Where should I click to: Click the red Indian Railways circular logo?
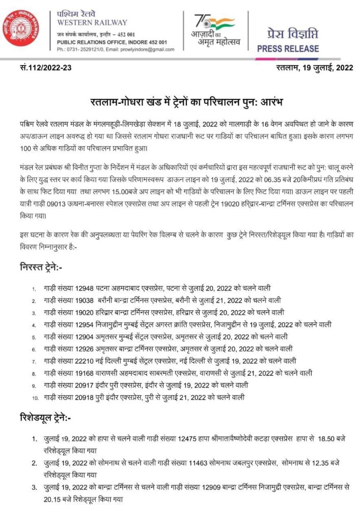pyautogui.click(x=22, y=29)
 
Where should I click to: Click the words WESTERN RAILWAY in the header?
pyautogui.click(x=92, y=23)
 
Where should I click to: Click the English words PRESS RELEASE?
pyautogui.click(x=288, y=49)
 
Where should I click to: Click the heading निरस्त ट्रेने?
pyautogui.click(x=42, y=267)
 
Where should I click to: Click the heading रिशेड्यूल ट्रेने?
pyautogui.click(x=46, y=419)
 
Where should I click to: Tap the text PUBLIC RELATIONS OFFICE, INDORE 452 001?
pyautogui.click(x=112, y=42)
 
